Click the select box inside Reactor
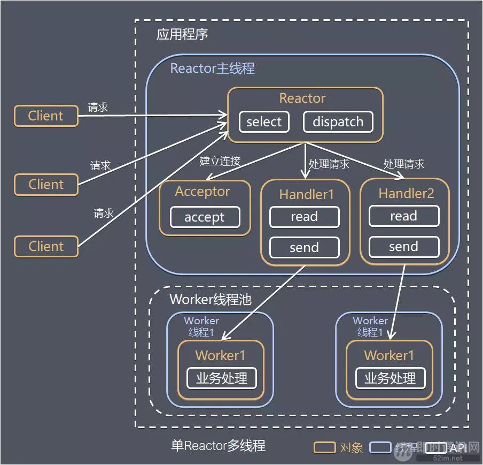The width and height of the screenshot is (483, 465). (264, 122)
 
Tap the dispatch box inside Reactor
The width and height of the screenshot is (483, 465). (338, 122)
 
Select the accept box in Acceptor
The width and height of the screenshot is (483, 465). (205, 218)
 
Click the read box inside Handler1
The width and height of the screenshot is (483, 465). (304, 217)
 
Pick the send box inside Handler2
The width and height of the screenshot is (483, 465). (403, 247)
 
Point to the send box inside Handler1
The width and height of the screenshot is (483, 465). (304, 247)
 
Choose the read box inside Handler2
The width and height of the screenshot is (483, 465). (403, 216)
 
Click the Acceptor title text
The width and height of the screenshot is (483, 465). (202, 192)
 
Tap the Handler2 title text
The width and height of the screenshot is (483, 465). (406, 193)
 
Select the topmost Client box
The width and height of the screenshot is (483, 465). (46, 116)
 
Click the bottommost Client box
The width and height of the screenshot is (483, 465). (46, 247)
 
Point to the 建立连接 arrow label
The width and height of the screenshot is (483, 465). (220, 161)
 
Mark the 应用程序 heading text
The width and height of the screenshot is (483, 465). (182, 35)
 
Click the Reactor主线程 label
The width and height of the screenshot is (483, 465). (212, 68)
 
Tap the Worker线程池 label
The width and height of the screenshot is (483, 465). (210, 299)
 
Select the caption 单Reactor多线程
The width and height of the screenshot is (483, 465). (218, 446)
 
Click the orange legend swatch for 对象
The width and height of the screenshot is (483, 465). (324, 447)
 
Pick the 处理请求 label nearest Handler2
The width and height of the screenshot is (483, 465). (403, 164)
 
